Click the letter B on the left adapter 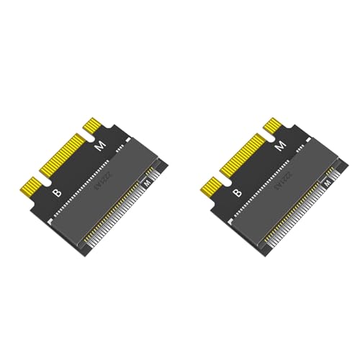(56, 192)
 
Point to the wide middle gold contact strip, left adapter (60, 154)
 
